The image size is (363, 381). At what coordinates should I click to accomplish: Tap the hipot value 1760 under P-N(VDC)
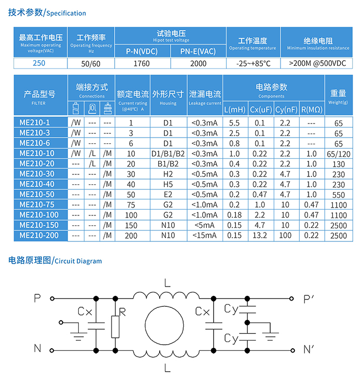tap(142, 64)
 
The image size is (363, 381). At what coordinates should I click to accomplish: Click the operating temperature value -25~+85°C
tap(253, 64)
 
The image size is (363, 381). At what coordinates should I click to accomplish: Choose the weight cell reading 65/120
tap(339, 154)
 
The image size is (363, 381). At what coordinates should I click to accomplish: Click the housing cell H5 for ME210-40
tap(167, 184)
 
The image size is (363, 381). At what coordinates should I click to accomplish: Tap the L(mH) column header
tap(235, 110)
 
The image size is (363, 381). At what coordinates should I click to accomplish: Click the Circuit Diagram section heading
tap(55, 261)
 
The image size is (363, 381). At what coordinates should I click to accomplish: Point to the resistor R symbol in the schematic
tap(115, 325)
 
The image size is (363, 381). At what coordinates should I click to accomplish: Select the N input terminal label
tap(37, 348)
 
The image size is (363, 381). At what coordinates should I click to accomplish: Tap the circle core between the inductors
tap(164, 324)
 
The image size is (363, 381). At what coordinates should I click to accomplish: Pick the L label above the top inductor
tap(166, 283)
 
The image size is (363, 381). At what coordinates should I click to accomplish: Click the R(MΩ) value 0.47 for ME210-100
tap(311, 215)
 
